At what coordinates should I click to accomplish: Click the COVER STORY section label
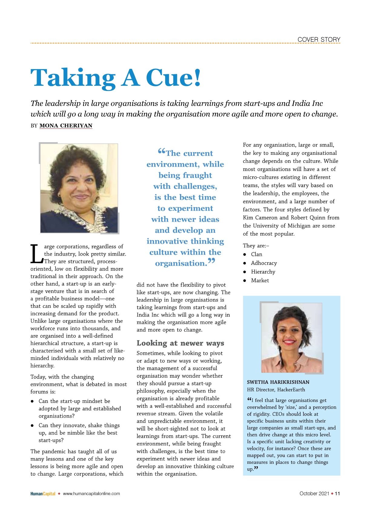(x=319, y=40)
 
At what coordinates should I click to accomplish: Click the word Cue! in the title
(x=173, y=78)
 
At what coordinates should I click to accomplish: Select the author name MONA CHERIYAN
(x=66, y=125)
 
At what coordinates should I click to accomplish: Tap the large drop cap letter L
(x=37, y=254)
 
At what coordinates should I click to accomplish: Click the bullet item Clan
(x=256, y=254)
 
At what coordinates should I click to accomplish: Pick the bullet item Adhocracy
(x=264, y=263)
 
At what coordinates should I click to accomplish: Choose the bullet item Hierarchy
(x=263, y=272)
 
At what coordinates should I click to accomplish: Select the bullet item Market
(x=260, y=281)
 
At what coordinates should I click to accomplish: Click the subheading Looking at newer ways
(x=180, y=343)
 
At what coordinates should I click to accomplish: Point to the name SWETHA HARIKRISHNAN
(x=278, y=382)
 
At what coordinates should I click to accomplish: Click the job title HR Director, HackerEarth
(x=276, y=390)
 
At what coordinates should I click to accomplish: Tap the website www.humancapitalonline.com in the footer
(x=91, y=494)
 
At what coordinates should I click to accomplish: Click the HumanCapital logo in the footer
(x=43, y=494)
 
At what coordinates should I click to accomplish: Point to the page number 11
(x=338, y=494)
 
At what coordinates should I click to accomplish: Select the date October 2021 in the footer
(x=314, y=494)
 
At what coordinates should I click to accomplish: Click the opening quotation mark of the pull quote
(x=161, y=151)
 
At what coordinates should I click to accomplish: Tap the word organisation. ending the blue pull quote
(x=181, y=263)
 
